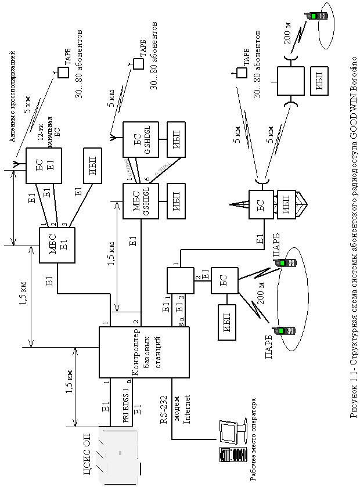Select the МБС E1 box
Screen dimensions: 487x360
point(56,246)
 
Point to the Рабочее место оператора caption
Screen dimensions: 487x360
point(254,438)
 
